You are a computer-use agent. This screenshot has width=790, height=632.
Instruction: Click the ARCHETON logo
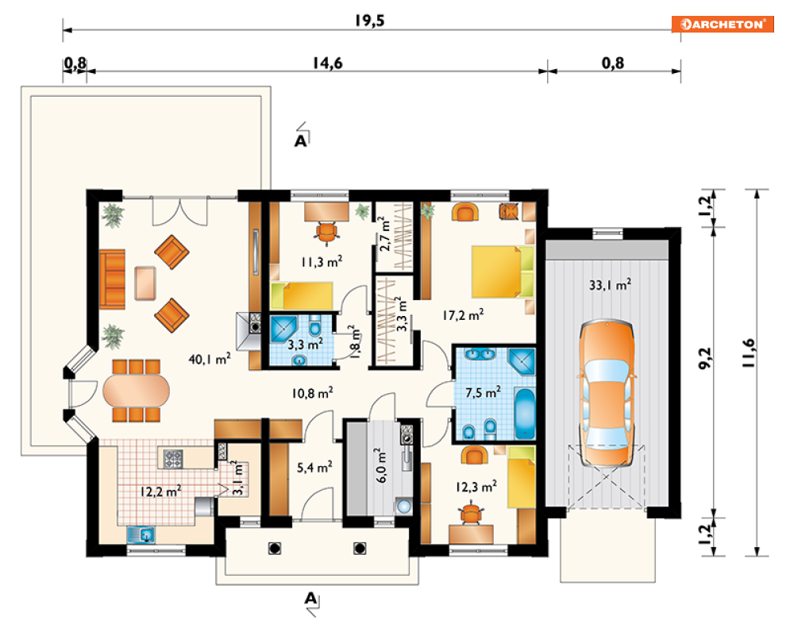coord(723,24)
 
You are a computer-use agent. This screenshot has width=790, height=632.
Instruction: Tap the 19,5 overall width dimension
coord(369,21)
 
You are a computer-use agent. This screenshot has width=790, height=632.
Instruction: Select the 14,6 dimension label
coord(327,64)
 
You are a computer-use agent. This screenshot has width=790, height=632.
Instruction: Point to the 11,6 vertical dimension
coord(749,353)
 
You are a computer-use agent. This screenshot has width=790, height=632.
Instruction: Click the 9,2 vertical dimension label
coord(706,358)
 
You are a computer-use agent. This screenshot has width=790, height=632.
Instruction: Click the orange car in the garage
coord(607,393)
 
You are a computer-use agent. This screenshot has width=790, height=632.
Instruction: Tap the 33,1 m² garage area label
coord(610,285)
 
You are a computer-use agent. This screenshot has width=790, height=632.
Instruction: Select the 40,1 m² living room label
coord(209,359)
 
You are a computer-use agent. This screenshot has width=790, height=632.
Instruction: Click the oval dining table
coord(136,391)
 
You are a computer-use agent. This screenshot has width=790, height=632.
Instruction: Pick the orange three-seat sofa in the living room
coord(113,279)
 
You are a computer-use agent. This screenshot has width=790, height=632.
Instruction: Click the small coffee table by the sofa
coord(145,283)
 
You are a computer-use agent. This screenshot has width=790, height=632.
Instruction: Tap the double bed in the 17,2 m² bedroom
coord(503,272)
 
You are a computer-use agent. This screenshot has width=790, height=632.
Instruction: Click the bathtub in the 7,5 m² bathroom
coord(525,414)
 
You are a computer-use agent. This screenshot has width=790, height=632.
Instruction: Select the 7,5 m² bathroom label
coord(483,392)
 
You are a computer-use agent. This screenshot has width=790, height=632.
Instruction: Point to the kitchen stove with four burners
coord(173,458)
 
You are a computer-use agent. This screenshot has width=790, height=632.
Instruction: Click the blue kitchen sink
coord(141,534)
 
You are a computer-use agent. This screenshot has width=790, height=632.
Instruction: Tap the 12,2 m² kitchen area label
coord(160,491)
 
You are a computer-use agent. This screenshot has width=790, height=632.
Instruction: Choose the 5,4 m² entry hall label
coord(314,468)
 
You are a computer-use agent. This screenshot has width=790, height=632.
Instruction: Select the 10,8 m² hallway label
coord(312,392)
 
